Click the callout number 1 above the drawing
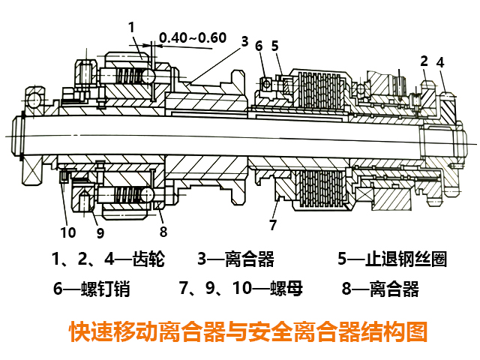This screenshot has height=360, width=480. [132, 28]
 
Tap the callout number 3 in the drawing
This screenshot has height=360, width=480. [244, 42]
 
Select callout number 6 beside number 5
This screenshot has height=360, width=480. [259, 46]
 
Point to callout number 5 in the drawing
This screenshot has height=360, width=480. [275, 46]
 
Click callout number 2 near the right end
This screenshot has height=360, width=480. [424, 61]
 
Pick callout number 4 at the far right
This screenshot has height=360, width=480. [441, 62]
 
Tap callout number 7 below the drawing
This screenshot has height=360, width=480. [273, 224]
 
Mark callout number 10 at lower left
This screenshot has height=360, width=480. [68, 232]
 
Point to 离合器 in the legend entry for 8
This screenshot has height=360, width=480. [394, 288]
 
